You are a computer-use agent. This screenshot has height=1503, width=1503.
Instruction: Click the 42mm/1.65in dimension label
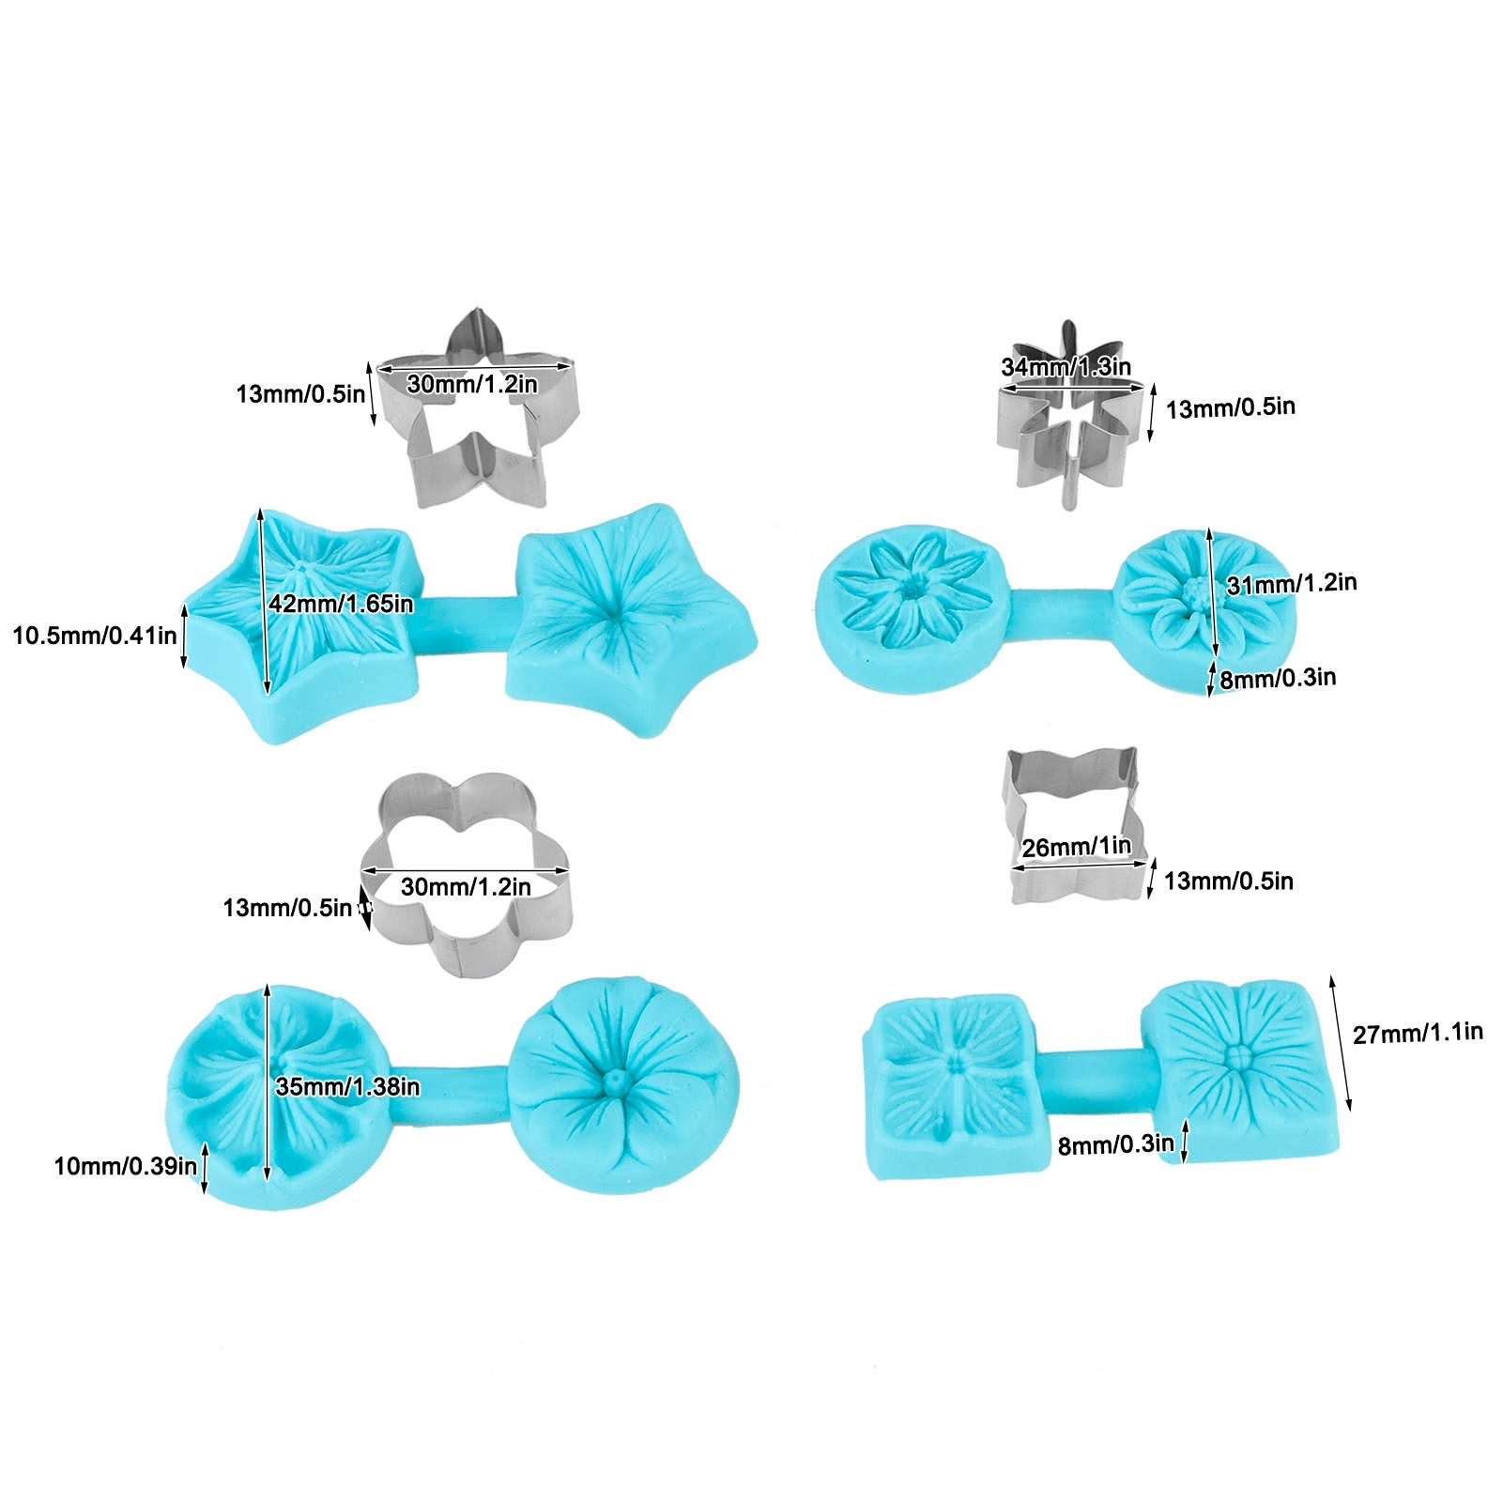(341, 604)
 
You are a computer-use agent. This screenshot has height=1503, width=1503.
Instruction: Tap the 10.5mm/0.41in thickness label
(94, 636)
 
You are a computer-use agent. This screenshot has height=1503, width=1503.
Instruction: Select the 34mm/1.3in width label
(1066, 367)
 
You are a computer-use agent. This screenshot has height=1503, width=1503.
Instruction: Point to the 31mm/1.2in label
(1291, 584)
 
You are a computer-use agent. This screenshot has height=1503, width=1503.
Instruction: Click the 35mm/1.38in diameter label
(347, 1087)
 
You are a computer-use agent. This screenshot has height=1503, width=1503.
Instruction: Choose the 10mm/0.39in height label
(125, 1167)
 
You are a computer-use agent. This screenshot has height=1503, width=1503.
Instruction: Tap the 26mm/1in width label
(1077, 848)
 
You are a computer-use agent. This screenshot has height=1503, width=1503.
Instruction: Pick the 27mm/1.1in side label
(1418, 1034)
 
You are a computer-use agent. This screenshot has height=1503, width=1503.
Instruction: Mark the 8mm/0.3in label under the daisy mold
(1278, 679)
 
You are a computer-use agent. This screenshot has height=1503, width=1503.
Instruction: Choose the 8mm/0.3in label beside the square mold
(1115, 1145)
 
